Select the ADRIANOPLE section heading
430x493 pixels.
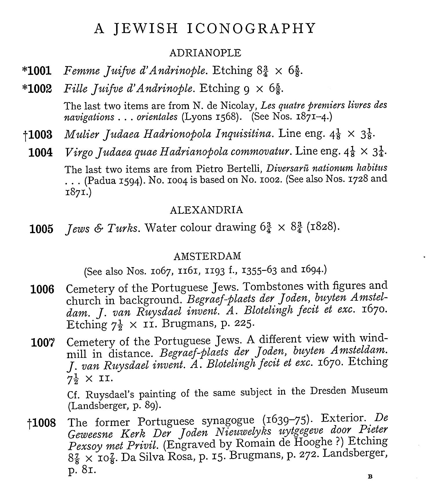(x=205, y=53)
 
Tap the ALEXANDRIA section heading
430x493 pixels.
(x=206, y=210)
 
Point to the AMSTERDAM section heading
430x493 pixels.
(x=207, y=256)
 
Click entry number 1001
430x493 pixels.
(x=40, y=70)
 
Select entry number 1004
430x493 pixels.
(x=41, y=152)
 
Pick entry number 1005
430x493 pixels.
(x=41, y=229)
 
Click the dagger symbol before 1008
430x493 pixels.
(x=29, y=424)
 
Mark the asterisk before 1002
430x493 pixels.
(x=24, y=88)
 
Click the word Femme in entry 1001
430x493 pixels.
(x=76, y=70)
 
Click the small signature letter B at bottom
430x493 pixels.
(x=369, y=476)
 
